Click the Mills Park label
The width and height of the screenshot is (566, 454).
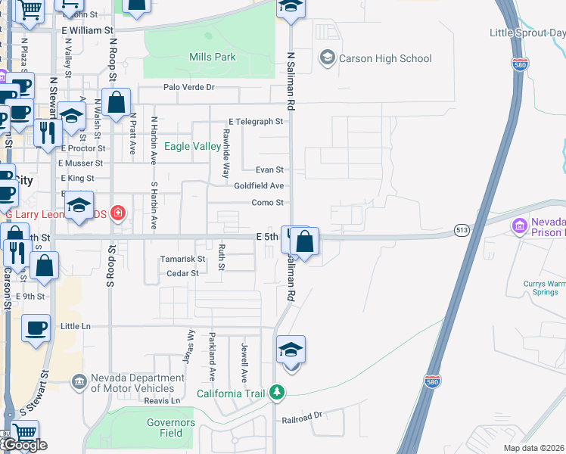(x=212, y=57)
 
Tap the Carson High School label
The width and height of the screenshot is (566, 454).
(x=385, y=58)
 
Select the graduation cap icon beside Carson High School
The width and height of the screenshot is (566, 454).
(x=327, y=58)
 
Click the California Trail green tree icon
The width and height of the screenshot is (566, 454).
(x=278, y=392)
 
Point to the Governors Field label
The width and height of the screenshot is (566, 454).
(x=171, y=428)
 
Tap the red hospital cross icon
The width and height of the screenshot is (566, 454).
(x=117, y=213)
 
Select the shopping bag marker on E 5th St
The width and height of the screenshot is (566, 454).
(x=304, y=243)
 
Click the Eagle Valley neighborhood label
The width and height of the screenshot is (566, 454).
(x=193, y=146)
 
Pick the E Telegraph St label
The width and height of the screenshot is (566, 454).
(x=256, y=121)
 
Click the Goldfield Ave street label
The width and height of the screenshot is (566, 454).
(x=259, y=185)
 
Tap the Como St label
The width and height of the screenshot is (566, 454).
(x=267, y=203)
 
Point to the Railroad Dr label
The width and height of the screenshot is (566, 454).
(x=302, y=416)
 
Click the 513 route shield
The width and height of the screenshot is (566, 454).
(x=462, y=229)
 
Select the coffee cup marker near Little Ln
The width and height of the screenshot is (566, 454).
(x=36, y=329)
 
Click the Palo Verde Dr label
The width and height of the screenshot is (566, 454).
(x=189, y=88)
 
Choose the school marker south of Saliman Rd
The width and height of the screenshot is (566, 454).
(x=291, y=350)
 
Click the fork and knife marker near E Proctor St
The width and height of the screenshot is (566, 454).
(x=48, y=132)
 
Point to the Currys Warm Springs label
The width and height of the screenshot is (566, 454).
(x=543, y=288)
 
